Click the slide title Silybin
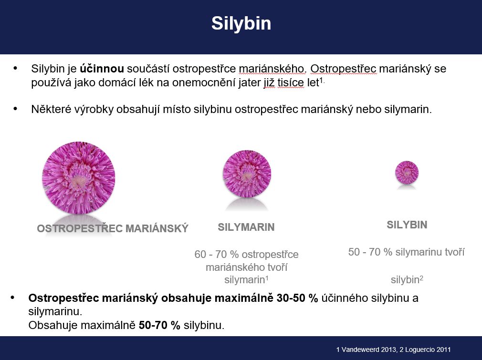click(241, 23)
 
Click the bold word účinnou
click(102, 68)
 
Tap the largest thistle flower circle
click(79, 178)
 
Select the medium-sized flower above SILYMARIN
click(247, 174)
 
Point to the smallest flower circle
click(407, 173)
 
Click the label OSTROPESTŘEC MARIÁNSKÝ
click(113, 228)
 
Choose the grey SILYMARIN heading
click(246, 227)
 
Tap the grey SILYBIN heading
click(407, 225)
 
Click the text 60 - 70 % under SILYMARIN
click(216, 254)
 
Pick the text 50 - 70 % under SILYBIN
click(370, 252)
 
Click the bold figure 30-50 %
click(297, 298)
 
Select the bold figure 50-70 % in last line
click(159, 325)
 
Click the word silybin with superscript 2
click(405, 280)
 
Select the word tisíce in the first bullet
click(291, 82)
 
